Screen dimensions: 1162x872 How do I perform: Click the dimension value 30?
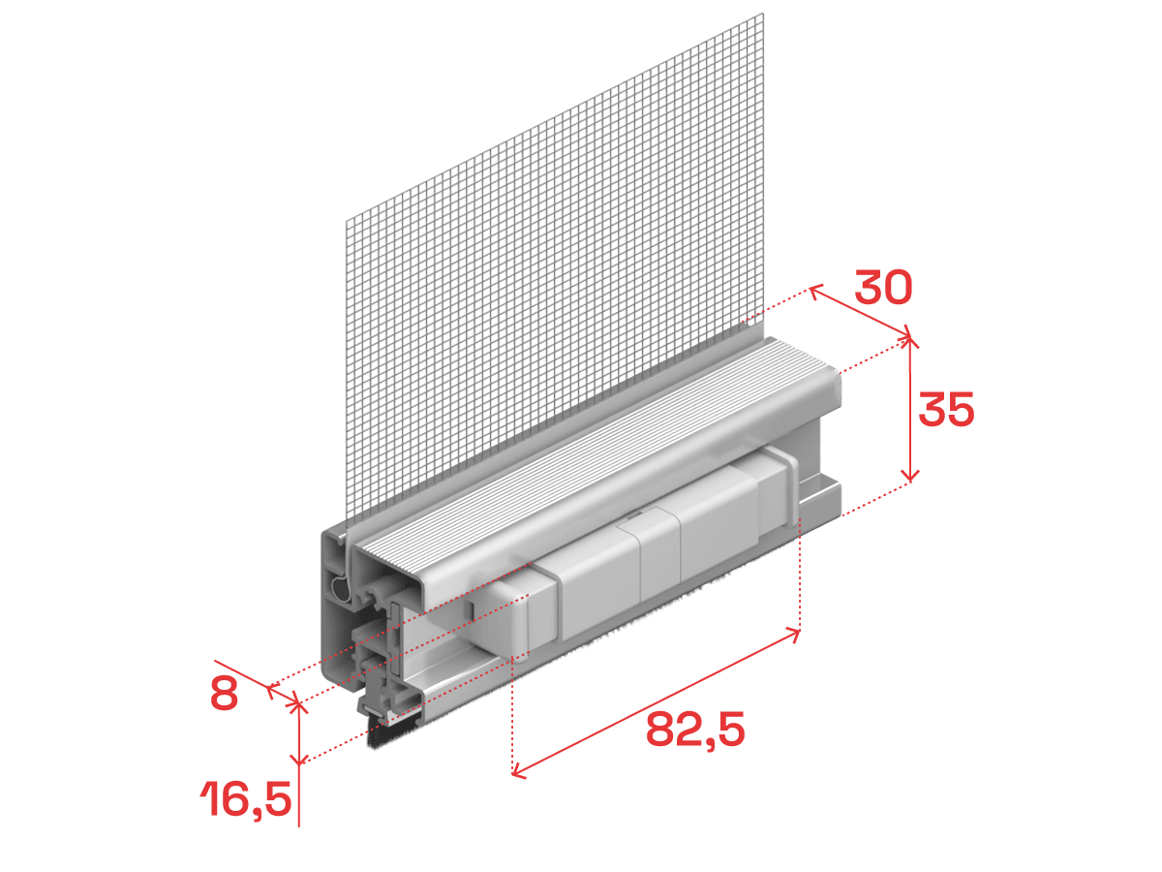click(x=883, y=288)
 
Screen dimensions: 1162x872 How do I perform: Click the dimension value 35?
click(x=946, y=409)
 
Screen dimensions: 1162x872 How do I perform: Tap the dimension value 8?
click(x=224, y=694)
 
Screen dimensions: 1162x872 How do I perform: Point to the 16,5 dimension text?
click(x=246, y=798)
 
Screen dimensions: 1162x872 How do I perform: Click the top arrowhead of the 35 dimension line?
click(x=910, y=341)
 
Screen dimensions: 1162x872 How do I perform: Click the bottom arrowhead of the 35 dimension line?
click(x=910, y=477)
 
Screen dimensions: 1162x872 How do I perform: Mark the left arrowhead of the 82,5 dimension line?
click(x=518, y=774)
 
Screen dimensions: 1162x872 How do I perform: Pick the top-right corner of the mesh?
click(x=764, y=14)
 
